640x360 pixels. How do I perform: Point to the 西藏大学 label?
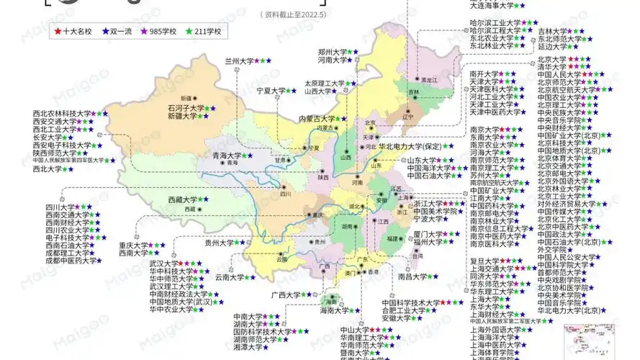click(x=182, y=199)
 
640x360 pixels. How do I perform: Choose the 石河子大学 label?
click(x=182, y=108)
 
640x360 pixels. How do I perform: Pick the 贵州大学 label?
click(x=219, y=243)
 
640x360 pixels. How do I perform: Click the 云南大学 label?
click(x=230, y=276)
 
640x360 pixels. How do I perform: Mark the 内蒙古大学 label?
click(x=317, y=119)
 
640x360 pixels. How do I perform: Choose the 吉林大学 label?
click(x=552, y=32)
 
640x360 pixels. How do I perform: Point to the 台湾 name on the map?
click(x=417, y=256)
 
